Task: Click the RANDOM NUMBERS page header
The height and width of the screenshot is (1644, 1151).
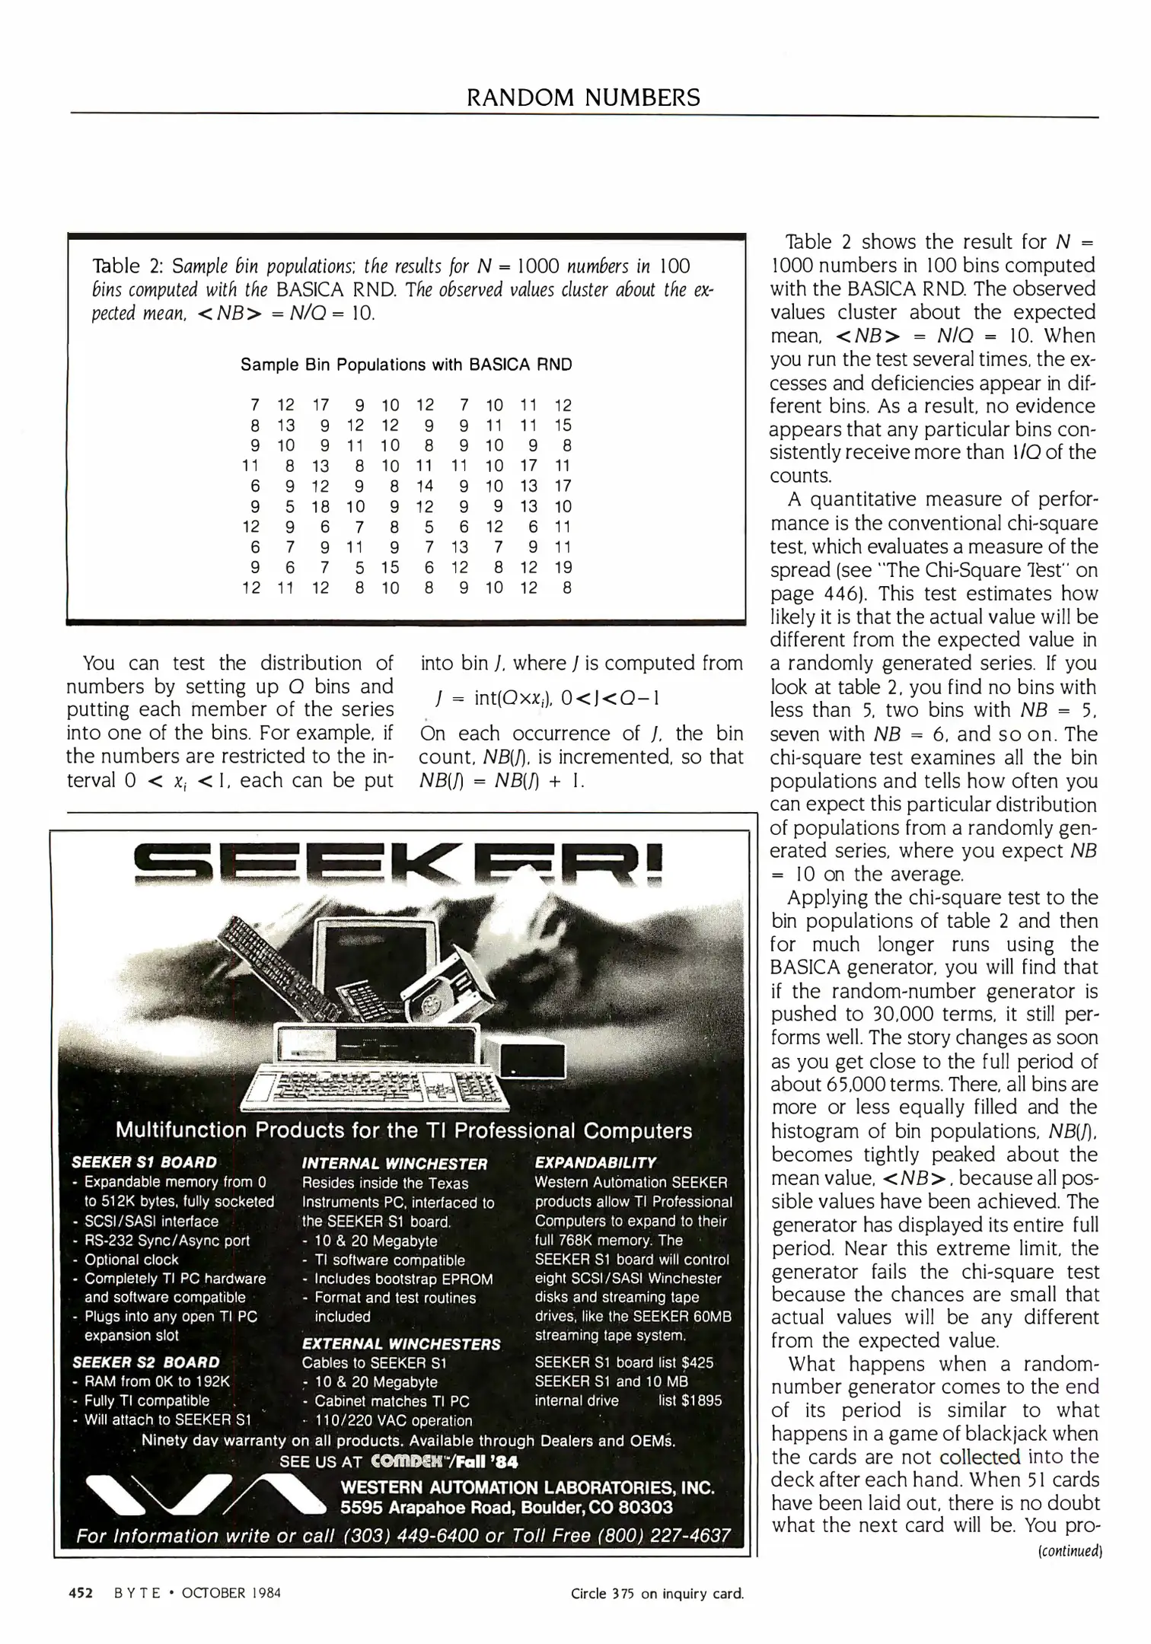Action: pyautogui.click(x=583, y=97)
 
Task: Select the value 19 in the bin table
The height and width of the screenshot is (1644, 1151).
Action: pyautogui.click(x=563, y=567)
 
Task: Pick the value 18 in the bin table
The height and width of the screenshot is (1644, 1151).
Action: pyautogui.click(x=320, y=506)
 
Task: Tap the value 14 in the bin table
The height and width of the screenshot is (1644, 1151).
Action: pyautogui.click(x=425, y=486)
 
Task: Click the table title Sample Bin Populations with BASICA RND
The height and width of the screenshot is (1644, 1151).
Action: pyautogui.click(x=406, y=365)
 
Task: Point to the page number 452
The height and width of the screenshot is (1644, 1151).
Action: pyautogui.click(x=81, y=1592)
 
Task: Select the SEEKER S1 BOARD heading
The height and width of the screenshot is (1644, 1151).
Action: pyautogui.click(x=145, y=1162)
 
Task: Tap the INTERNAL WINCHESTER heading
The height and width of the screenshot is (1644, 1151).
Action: pyautogui.click(x=394, y=1164)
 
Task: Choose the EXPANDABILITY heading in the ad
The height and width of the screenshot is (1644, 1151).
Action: pyautogui.click(x=595, y=1162)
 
